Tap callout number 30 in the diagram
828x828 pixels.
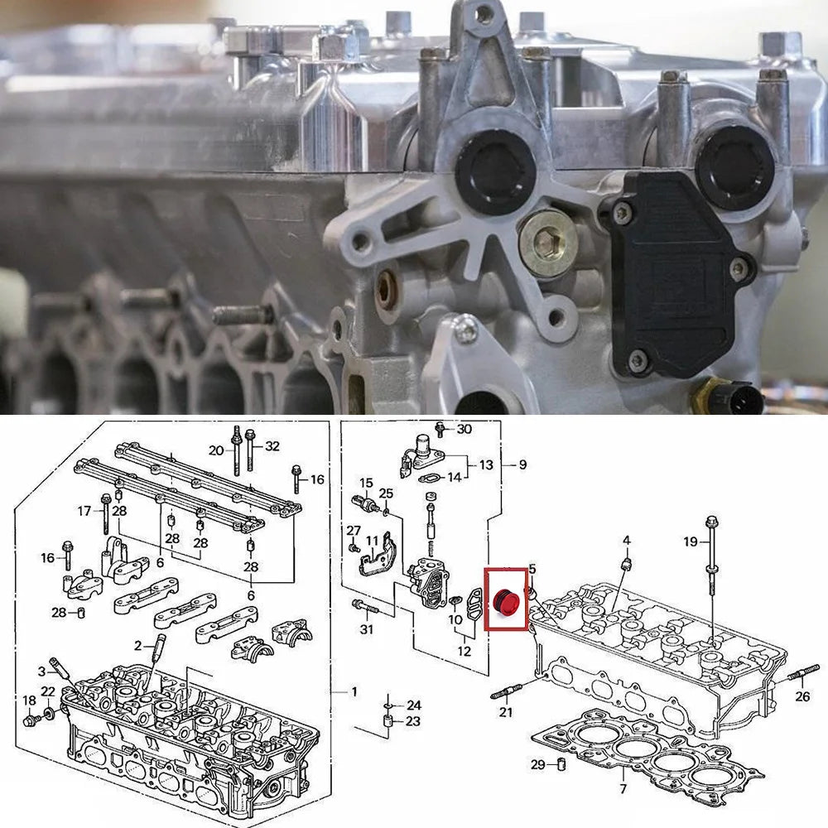(x=465, y=429)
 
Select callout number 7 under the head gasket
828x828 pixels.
(x=623, y=789)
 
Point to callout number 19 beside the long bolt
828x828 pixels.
(x=691, y=542)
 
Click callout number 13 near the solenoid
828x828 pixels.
(x=486, y=465)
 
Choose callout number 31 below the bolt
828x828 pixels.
(x=367, y=629)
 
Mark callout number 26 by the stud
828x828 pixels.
(x=802, y=696)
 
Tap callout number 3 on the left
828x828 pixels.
(x=41, y=672)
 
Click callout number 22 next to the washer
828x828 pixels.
(x=48, y=691)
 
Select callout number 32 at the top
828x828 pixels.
(x=272, y=446)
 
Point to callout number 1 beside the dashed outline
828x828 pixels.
(x=354, y=691)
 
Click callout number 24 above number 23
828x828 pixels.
(x=414, y=705)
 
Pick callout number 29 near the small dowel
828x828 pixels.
(x=537, y=764)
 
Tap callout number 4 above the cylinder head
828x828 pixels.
(x=627, y=540)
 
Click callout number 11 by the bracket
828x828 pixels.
(x=373, y=541)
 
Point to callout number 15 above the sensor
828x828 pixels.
(x=367, y=483)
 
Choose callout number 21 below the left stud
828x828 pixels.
(x=506, y=712)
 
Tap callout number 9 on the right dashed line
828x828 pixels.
(x=522, y=465)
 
